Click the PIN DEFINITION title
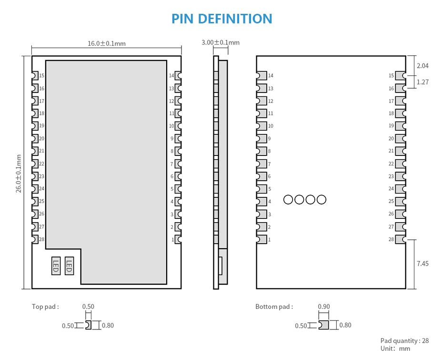[x=222, y=19]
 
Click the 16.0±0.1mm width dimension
[x=107, y=43]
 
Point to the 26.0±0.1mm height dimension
[x=19, y=174]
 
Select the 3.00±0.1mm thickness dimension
[x=221, y=42]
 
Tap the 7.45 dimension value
[x=423, y=264]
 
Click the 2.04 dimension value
[x=423, y=66]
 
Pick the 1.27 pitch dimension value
[x=423, y=82]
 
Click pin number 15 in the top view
[x=42, y=75]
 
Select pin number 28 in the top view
[x=42, y=239]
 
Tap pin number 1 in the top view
[x=173, y=239]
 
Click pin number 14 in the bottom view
[x=271, y=75]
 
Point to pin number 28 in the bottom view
[x=391, y=239]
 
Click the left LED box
[x=56, y=266]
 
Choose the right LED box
[x=69, y=266]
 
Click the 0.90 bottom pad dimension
[x=324, y=307]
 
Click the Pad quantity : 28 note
[x=404, y=341]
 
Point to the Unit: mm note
[x=395, y=349]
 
